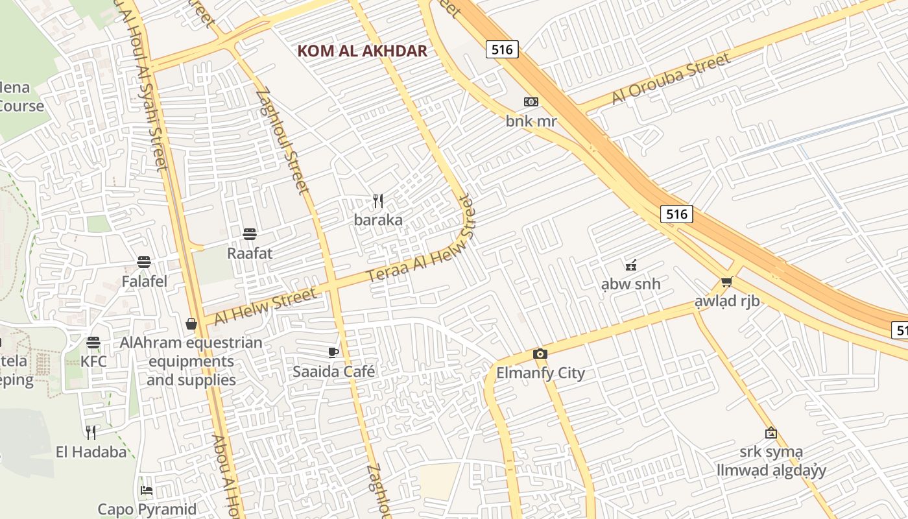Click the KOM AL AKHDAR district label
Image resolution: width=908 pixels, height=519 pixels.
point(362,51)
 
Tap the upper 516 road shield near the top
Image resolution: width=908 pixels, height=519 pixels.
point(502,49)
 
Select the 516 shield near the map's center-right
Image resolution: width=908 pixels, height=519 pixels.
point(676,214)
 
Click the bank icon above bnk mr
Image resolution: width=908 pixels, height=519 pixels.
point(531,102)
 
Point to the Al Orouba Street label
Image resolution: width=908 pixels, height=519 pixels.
point(671,79)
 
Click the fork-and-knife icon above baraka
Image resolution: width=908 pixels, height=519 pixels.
point(378,201)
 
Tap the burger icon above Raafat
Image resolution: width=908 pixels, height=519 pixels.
point(250,234)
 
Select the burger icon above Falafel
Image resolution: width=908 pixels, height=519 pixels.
point(144,262)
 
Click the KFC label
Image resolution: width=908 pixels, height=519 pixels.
point(94,361)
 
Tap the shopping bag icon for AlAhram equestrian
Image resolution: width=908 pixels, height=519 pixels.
point(191,323)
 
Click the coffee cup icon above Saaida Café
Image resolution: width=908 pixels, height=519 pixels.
point(333,352)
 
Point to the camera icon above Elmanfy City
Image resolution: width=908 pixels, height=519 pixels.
point(540,354)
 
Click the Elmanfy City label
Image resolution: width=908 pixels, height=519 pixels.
point(540,373)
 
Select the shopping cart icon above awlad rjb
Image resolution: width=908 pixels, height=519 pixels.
point(726,282)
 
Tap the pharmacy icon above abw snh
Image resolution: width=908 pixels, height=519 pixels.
point(630,265)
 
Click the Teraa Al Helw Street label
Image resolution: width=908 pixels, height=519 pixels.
point(422,240)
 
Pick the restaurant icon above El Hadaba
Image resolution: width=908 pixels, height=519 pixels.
point(91,432)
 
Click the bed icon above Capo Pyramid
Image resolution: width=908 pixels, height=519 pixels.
point(147,490)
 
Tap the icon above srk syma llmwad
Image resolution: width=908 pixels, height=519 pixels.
point(771,432)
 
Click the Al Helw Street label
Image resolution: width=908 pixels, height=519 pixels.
point(266,307)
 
